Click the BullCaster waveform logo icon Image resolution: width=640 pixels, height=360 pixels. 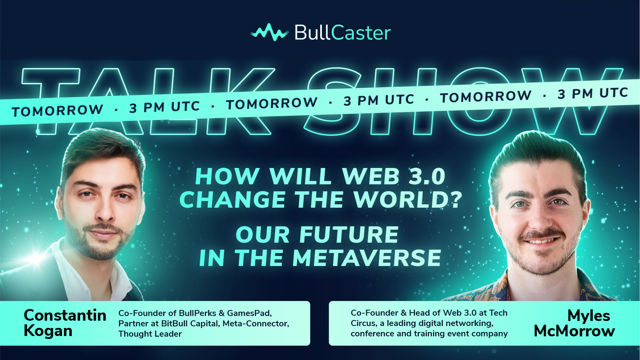pos(270,32)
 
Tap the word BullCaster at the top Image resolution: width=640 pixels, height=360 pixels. pos(342,33)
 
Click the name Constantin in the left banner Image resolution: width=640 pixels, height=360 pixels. pos(65,315)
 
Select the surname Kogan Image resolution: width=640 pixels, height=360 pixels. pos(48,331)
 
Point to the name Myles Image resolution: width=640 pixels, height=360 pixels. pos(589,316)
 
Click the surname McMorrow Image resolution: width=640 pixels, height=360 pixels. pos(574,331)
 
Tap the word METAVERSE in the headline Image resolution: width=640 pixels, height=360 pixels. pos(367,258)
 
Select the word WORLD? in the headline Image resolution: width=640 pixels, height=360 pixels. pos(408,200)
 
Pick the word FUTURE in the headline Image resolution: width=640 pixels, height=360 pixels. pos(349,235)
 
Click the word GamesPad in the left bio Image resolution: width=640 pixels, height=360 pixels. pos(249,313)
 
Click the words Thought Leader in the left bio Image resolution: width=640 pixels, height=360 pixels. pos(150,334)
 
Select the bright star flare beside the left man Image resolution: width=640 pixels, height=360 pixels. pos(36,257)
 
